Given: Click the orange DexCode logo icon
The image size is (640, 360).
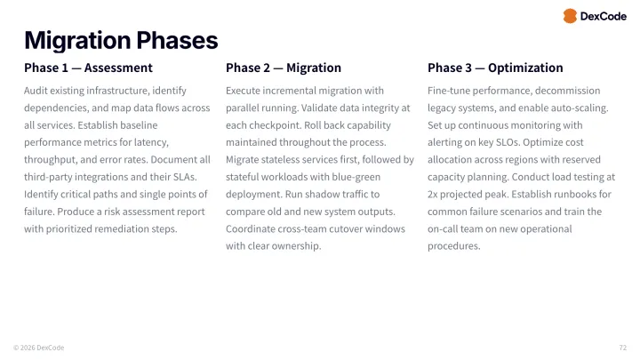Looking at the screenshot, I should (570, 16).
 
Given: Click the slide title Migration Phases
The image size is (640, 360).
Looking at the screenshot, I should (121, 40).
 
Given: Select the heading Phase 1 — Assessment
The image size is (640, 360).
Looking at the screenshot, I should (88, 68).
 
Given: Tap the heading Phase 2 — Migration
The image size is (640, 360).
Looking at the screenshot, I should (284, 68).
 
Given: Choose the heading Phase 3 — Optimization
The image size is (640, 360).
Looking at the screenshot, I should (495, 68).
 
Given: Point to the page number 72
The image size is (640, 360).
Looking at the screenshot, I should (622, 348).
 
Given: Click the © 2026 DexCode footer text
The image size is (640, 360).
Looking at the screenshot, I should (38, 348).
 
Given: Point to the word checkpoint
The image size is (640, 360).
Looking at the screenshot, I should (268, 125).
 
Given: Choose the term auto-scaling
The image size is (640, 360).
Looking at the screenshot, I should (579, 108).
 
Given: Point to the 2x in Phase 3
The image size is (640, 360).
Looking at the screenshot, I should (435, 195).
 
